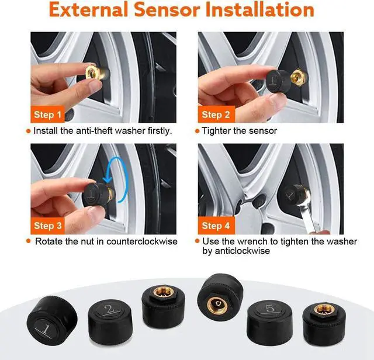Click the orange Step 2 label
click(216, 114)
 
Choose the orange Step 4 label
click(216, 225)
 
